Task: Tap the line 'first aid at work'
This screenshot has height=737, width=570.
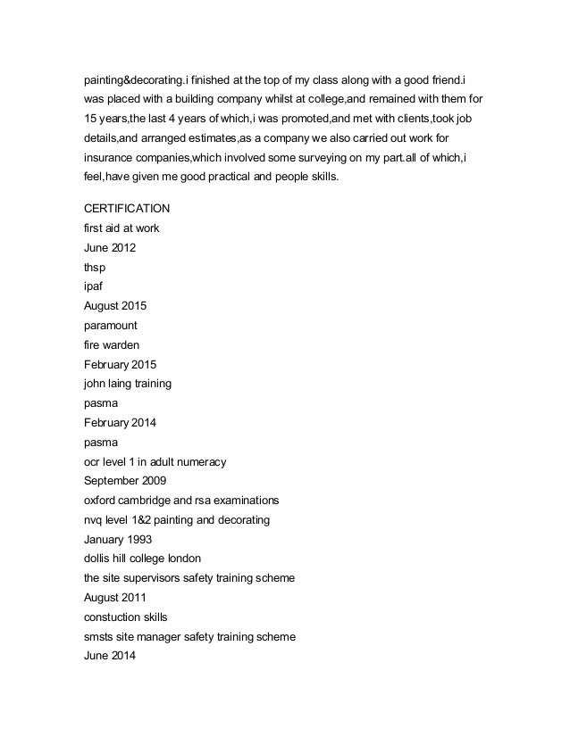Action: [122, 228]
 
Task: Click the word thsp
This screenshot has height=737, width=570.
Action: [95, 267]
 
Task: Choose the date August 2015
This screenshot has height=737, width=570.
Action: [114, 306]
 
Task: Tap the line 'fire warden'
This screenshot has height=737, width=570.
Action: [112, 344]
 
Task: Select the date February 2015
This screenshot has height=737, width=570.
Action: [119, 364]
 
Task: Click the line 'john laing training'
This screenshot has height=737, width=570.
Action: [127, 384]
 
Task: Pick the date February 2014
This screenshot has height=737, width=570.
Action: [119, 422]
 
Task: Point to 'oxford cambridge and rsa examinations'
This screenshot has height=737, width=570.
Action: [181, 500]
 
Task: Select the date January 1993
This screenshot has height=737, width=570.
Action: [117, 539]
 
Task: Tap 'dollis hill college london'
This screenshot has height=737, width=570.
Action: [142, 559]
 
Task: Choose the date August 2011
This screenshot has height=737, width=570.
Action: [114, 597]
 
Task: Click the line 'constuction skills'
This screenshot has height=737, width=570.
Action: [125, 617]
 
